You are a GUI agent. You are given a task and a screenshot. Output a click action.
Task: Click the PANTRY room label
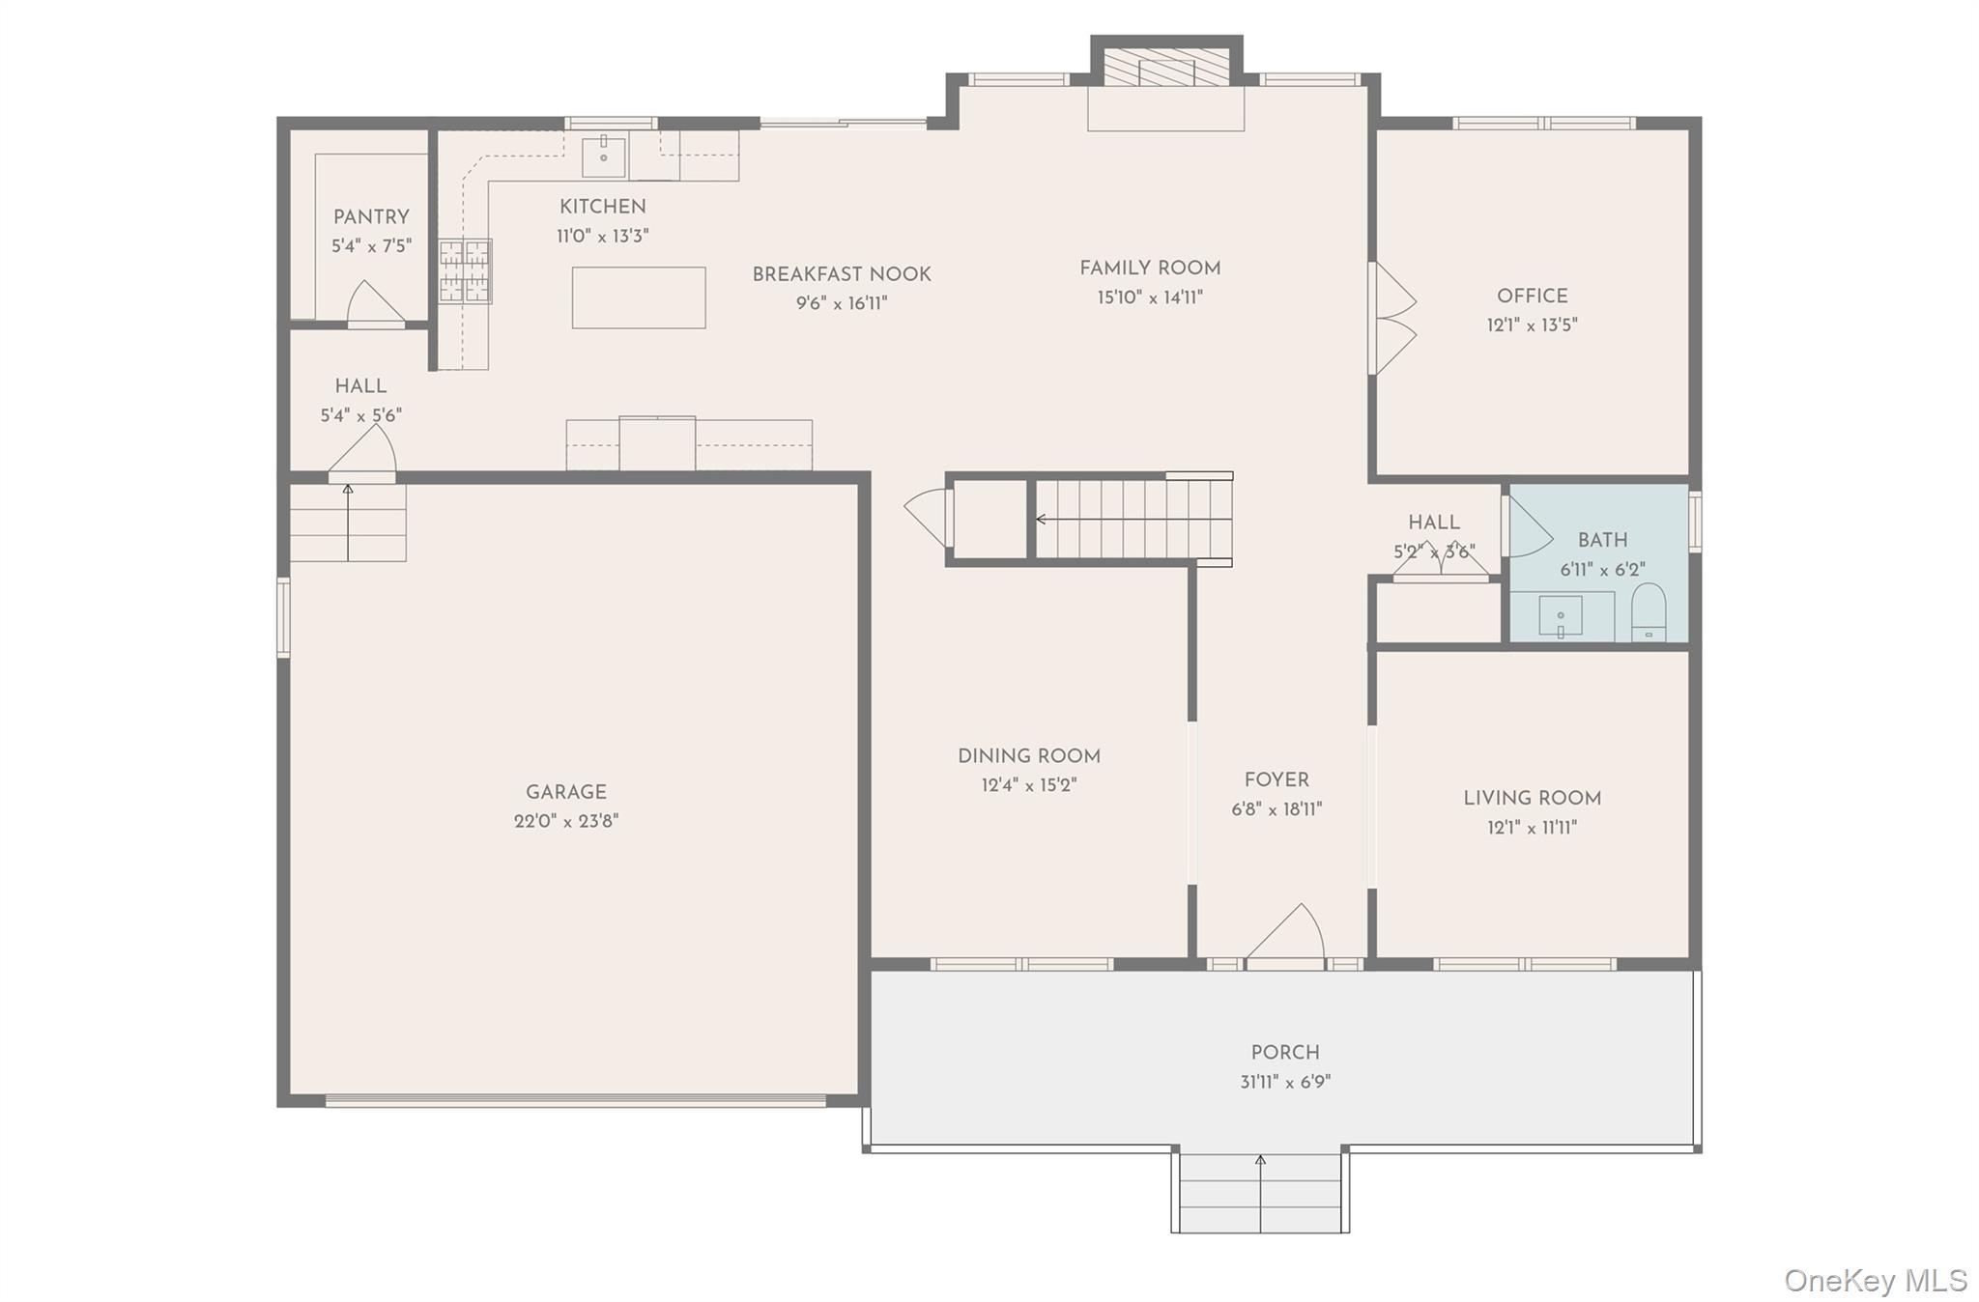click(x=371, y=217)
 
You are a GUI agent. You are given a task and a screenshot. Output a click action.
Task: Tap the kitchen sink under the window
click(x=604, y=156)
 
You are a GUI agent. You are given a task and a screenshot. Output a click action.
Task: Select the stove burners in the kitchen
click(x=466, y=271)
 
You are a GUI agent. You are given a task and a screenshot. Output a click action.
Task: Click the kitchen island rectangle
click(x=639, y=297)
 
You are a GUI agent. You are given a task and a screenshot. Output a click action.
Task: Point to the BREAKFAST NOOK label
click(x=842, y=274)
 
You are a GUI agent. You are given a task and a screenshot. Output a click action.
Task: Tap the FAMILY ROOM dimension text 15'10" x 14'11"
click(x=1150, y=297)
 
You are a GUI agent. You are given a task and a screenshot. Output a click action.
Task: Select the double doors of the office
click(x=1391, y=318)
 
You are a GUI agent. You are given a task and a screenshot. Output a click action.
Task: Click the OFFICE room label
click(x=1533, y=297)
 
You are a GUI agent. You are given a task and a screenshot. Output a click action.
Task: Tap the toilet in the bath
click(x=1649, y=612)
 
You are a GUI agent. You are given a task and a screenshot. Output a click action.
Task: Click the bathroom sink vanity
click(x=1561, y=617)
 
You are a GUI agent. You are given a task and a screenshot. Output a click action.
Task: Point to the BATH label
click(x=1602, y=541)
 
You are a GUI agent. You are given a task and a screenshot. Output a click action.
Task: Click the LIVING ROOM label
click(x=1532, y=799)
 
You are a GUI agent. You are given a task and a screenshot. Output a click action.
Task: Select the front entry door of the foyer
click(x=1285, y=935)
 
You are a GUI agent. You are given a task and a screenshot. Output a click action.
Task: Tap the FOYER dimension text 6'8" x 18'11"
click(x=1276, y=809)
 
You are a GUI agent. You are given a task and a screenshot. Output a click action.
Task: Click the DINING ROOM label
click(x=1029, y=756)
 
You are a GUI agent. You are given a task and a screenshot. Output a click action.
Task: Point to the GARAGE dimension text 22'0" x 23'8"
click(x=566, y=822)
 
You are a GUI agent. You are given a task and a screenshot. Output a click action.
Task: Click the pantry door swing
click(x=376, y=303)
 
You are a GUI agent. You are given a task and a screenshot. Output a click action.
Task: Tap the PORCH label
click(x=1285, y=1053)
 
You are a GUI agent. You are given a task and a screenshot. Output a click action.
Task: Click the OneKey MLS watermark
click(x=1876, y=1281)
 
